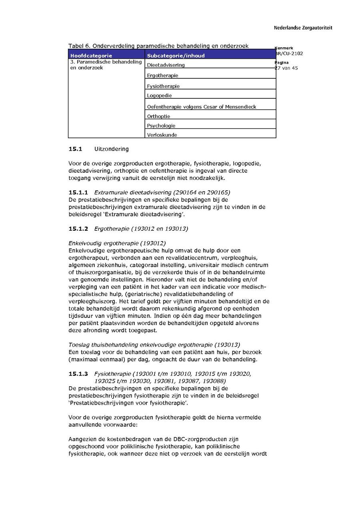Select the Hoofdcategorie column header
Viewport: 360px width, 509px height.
click(91, 56)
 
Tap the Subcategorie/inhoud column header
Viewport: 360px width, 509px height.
click(176, 56)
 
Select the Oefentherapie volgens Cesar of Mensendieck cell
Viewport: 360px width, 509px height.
click(202, 107)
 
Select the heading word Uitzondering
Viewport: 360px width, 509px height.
click(112, 149)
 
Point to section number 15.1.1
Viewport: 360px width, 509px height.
click(78, 192)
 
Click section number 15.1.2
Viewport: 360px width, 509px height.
click(78, 229)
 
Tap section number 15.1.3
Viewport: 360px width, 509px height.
click(78, 374)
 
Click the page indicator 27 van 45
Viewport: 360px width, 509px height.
click(286, 68)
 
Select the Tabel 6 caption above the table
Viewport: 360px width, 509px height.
click(158, 46)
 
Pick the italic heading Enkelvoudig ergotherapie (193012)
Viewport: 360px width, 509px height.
click(117, 243)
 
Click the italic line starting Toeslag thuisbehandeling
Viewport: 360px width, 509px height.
click(154, 345)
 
